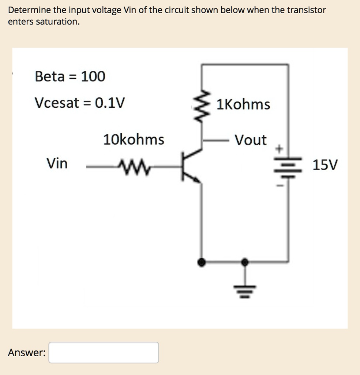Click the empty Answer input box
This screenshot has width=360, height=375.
[x=104, y=352]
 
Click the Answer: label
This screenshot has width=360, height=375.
[x=27, y=353]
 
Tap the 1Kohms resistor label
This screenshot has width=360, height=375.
[x=243, y=105]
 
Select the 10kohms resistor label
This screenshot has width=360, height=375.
[x=134, y=140]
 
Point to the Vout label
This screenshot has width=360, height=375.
[x=251, y=140]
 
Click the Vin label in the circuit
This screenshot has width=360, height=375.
[x=57, y=163]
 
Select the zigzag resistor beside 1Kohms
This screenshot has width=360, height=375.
[x=202, y=105]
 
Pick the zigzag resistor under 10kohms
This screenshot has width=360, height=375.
[x=134, y=168]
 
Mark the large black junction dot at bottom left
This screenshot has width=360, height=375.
[x=201, y=262]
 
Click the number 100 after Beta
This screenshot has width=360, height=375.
[x=93, y=77]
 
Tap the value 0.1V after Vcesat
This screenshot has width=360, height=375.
[x=109, y=103]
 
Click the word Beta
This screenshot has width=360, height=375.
[x=50, y=77]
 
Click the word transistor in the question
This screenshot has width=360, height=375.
[x=306, y=10]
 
